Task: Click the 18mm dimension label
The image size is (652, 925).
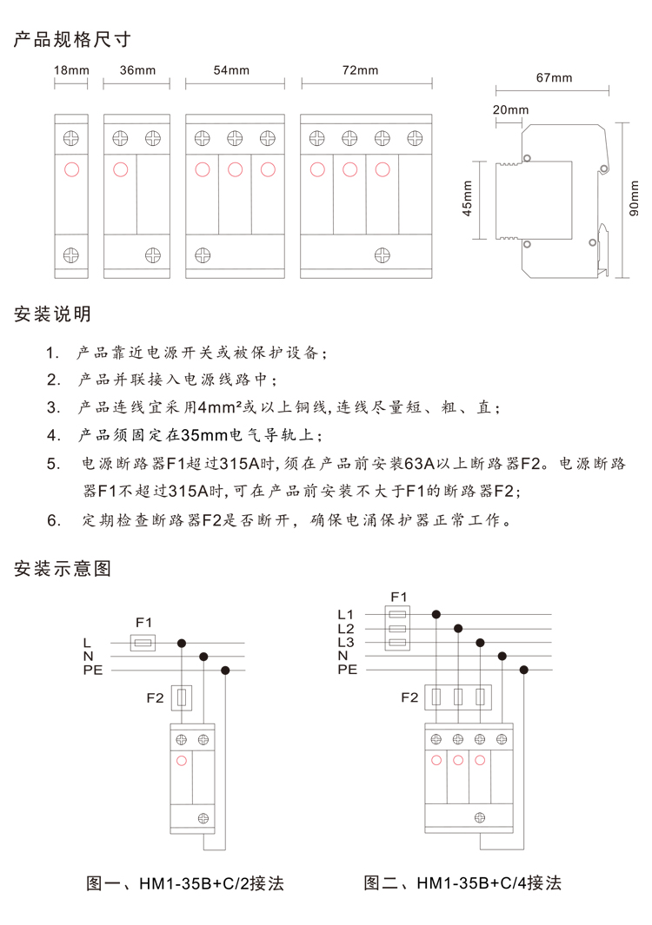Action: coord(70,70)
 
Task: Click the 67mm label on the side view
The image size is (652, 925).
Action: coord(555,78)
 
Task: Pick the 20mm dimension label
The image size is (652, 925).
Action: coord(510,110)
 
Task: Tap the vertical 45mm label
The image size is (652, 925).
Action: coord(468,199)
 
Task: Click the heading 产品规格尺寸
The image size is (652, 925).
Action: coord(72,40)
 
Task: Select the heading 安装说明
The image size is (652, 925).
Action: coord(53,314)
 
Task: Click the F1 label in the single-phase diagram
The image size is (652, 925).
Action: coord(143,622)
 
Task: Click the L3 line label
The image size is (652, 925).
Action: coord(346,642)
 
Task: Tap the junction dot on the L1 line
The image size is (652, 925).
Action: coord(436,614)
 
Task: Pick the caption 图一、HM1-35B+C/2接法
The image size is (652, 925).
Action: coord(186,883)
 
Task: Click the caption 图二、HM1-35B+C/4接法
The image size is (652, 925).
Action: coord(462,883)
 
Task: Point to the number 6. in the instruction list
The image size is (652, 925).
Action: coord(54,521)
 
